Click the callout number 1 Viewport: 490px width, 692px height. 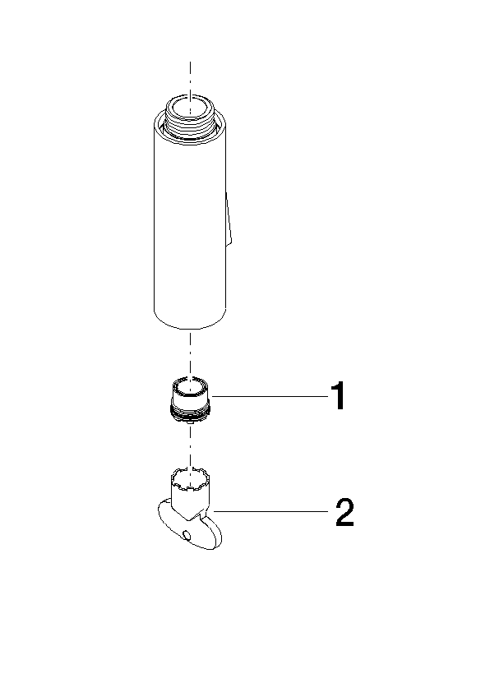[338, 396]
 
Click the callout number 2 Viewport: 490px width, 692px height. [344, 512]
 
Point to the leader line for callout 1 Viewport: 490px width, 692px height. [270, 396]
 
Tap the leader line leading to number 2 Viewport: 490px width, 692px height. [270, 511]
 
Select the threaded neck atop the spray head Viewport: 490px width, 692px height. [190, 116]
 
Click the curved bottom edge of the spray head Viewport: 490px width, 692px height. [190, 325]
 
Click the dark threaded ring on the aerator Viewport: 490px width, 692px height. [191, 413]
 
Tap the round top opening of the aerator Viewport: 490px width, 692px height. [191, 387]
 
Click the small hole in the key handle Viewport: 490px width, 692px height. [187, 536]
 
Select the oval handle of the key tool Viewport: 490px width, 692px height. [190, 528]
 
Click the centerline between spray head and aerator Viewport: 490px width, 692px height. [190, 353]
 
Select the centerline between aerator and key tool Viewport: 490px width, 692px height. [190, 445]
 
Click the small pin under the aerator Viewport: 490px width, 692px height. [189, 422]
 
